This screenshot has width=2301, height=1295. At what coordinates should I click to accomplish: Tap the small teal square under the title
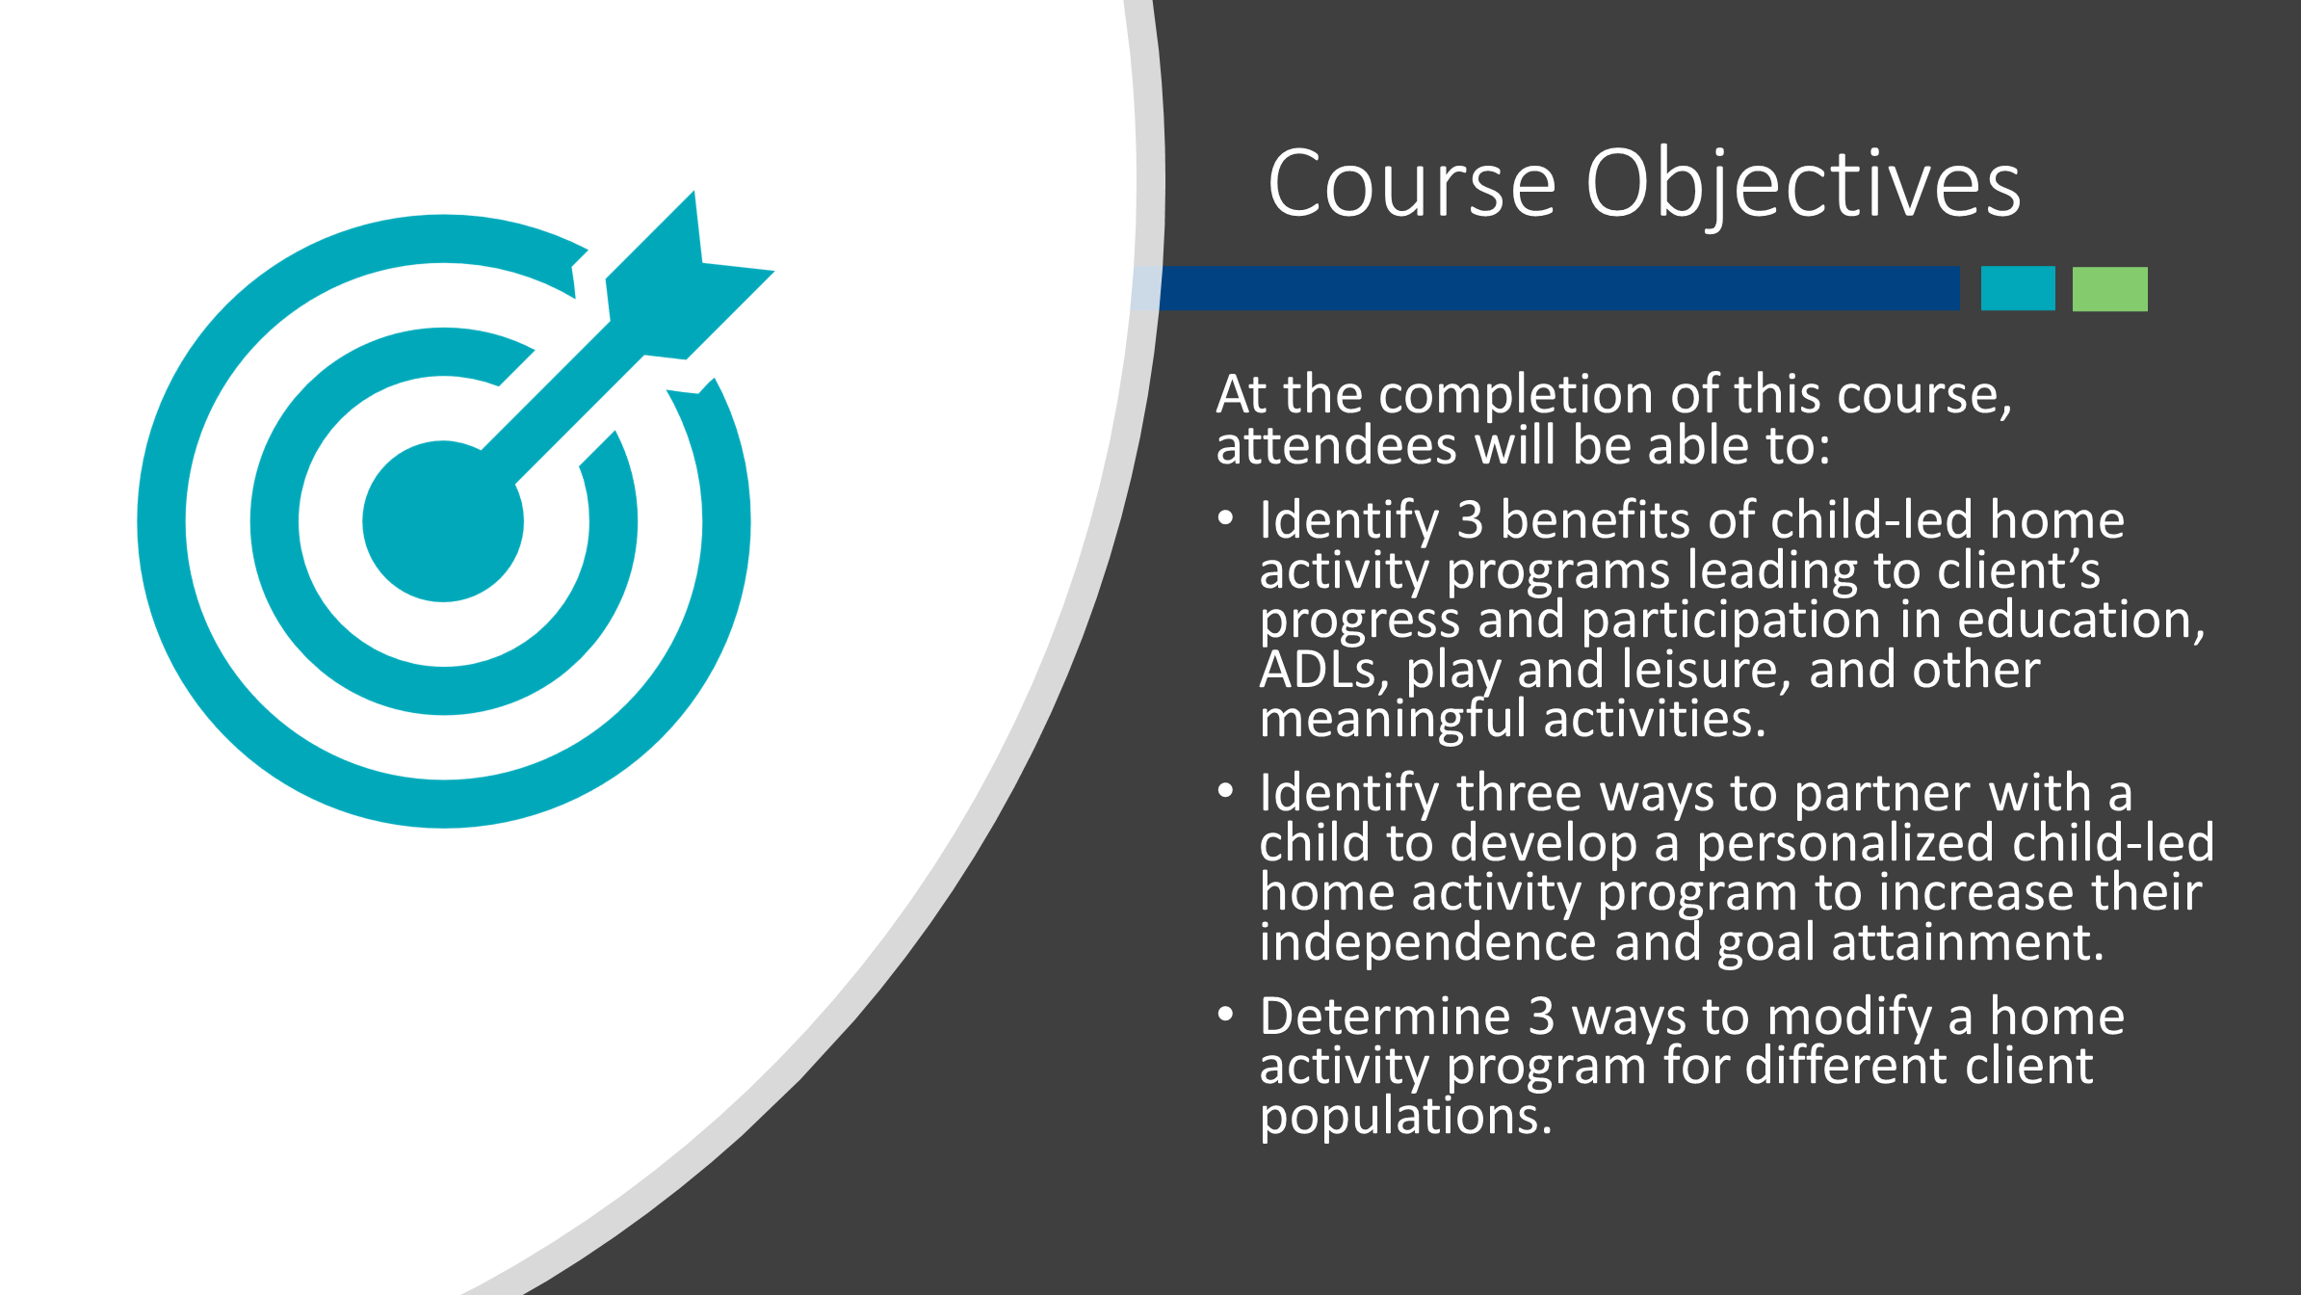tap(2018, 288)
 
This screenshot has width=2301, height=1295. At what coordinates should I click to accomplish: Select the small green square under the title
tap(2110, 288)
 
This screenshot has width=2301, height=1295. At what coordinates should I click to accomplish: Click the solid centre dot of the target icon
tap(443, 521)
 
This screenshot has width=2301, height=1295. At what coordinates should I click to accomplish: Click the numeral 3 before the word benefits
tap(1469, 520)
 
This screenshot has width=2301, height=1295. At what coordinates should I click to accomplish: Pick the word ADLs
tap(1324, 671)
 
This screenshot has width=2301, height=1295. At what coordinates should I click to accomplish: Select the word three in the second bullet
tap(1519, 794)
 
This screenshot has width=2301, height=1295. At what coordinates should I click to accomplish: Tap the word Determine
tap(1385, 1017)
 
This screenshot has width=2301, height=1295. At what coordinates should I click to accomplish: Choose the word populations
tap(1406, 1117)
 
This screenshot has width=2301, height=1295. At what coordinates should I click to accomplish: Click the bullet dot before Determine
tap(1225, 1015)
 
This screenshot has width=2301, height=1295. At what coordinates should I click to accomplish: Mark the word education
tap(2080, 621)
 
